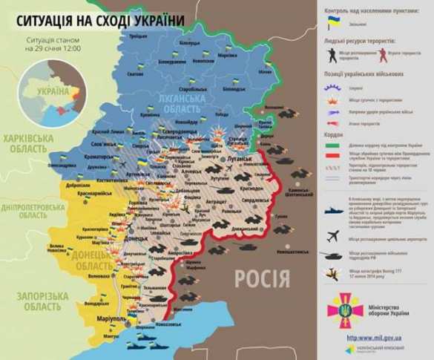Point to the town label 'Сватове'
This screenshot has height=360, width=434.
135,74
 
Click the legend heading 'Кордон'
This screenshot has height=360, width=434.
334,135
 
